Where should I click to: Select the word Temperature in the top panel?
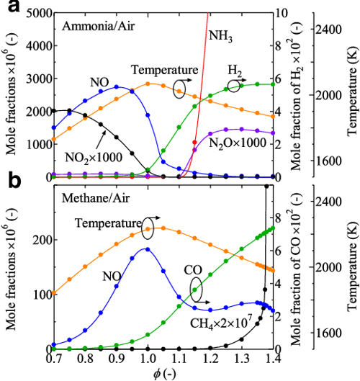coord(164,70)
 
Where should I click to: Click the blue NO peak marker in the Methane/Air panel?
coord(148,249)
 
